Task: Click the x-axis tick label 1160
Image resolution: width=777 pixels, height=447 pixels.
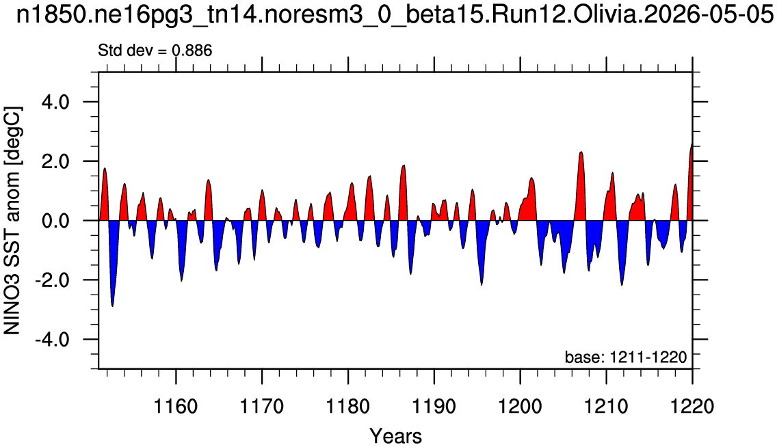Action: [175, 407]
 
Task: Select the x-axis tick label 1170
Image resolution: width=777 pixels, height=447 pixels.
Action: [262, 407]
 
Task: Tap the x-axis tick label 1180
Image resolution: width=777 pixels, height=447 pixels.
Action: [348, 407]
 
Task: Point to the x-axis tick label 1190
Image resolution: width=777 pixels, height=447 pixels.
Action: [434, 407]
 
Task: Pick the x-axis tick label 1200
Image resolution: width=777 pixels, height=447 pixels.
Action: [520, 407]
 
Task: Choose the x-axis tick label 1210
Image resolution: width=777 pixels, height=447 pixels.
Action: [606, 407]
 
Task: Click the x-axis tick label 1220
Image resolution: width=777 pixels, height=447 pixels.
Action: [692, 407]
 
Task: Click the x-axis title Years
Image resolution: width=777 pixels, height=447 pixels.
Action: [396, 436]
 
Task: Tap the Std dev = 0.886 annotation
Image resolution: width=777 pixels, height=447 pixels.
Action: [155, 51]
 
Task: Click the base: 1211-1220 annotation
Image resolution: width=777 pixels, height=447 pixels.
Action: [626, 357]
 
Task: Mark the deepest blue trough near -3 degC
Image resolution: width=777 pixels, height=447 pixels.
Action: [113, 306]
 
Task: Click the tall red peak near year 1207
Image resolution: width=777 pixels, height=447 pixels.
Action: [581, 153]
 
